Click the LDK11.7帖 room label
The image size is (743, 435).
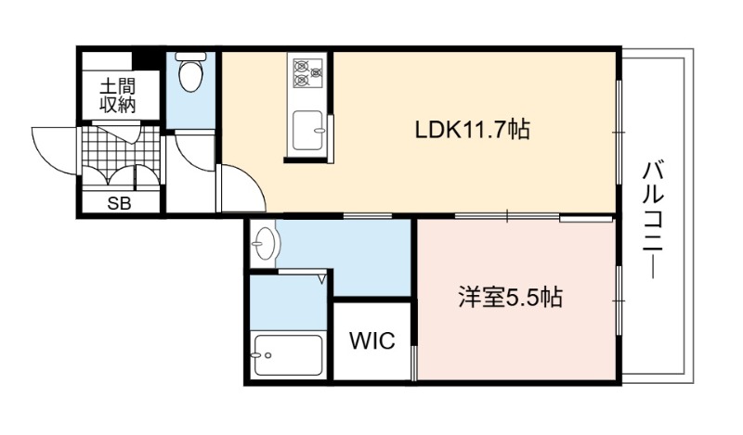472,129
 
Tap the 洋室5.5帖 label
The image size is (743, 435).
511,298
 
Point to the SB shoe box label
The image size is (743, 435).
119,203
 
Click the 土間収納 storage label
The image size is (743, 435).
118,96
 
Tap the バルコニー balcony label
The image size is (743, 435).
654,221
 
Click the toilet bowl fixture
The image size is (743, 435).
191,76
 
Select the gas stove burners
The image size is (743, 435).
308,72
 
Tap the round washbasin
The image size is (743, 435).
265,244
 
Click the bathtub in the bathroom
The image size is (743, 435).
288,355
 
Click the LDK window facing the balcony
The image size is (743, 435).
619,132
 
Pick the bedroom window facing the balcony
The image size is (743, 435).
619,301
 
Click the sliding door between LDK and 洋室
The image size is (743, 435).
507,217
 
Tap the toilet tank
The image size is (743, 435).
191,57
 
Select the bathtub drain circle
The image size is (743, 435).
268,355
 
